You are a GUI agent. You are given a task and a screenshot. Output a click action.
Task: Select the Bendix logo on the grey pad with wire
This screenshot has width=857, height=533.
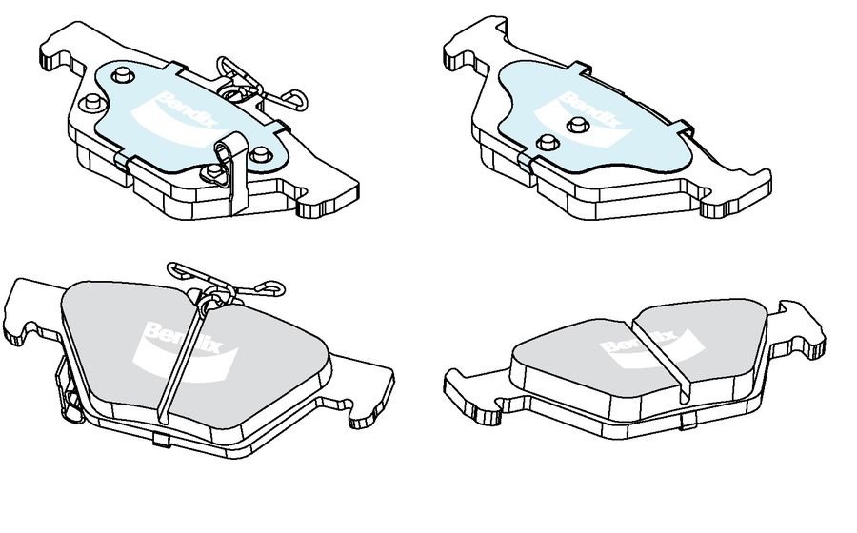(x=185, y=349)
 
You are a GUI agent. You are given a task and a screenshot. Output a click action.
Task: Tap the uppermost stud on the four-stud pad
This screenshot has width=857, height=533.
(x=123, y=75)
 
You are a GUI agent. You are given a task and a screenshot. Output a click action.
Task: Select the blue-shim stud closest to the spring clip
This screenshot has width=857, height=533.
(x=261, y=156)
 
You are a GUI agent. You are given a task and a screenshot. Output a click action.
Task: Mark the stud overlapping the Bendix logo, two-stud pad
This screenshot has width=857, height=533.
(x=578, y=125)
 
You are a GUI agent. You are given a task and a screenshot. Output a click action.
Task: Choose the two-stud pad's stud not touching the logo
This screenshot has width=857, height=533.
(x=548, y=143)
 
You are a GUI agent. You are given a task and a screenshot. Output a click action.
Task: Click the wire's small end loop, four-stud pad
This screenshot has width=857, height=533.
(x=296, y=98)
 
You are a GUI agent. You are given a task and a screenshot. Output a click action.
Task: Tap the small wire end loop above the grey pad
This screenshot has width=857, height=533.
(x=270, y=287)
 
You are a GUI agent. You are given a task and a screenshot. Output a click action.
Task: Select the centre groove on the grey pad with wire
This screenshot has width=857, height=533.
(x=179, y=364)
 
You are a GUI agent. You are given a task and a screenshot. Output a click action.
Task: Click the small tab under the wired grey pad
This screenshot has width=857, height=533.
(x=161, y=440)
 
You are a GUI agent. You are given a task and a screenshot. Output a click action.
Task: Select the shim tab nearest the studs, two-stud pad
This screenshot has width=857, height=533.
(x=525, y=161)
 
